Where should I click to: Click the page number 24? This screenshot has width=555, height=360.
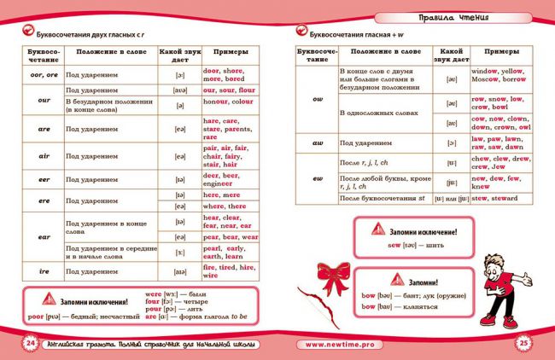point(31,342)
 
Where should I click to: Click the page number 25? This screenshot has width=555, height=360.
point(523,342)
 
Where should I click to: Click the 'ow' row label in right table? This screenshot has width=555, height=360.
point(317,100)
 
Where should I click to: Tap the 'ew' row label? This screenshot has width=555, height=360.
point(317,178)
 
